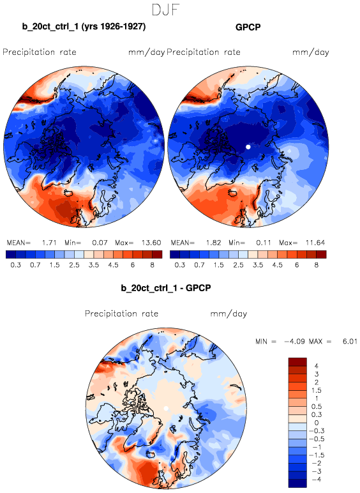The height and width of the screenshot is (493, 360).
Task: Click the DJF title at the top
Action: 165,10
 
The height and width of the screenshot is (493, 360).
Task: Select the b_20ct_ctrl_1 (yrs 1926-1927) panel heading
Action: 84,26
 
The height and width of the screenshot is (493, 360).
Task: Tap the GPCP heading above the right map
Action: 248,27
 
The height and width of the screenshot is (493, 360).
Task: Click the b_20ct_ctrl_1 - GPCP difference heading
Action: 166,287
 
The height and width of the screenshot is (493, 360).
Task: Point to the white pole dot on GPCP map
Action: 248,147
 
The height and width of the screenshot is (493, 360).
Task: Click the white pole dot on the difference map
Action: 166,409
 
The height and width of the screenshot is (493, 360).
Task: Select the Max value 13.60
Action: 151,243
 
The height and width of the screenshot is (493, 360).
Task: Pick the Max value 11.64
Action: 315,243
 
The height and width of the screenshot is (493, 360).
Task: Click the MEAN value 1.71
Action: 49,243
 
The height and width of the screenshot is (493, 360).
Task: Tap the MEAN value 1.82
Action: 214,243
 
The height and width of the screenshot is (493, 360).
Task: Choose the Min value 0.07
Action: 100,243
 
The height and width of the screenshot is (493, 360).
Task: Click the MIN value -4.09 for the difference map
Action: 294,342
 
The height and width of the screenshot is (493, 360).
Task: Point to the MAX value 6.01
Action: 350,342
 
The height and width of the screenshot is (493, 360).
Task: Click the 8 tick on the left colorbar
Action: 152,265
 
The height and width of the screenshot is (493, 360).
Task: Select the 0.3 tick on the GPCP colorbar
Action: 180,265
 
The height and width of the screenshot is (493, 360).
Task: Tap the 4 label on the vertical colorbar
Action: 317,366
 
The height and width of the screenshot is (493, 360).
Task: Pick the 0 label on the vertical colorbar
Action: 317,423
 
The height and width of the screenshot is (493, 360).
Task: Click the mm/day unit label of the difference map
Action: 229,314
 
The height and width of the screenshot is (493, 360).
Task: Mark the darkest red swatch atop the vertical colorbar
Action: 297,362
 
